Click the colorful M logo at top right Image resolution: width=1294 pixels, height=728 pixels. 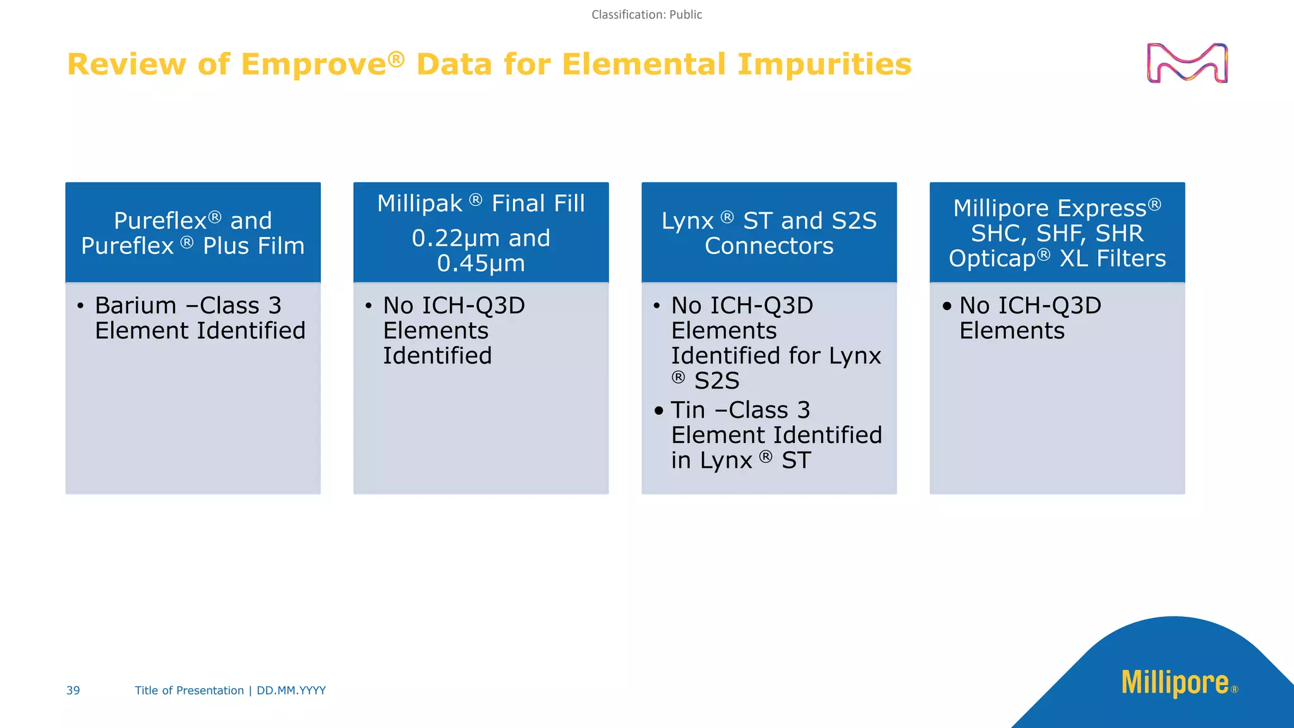[1187, 63]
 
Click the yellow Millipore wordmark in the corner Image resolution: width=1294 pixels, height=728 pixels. [1175, 683]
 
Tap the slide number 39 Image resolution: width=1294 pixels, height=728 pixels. [73, 691]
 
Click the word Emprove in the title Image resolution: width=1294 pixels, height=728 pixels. [313, 64]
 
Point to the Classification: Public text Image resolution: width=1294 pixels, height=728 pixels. [646, 15]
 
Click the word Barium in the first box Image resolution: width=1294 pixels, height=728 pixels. [136, 306]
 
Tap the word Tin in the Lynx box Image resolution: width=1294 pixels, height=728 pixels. [687, 411]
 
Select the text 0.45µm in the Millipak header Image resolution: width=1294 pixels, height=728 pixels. [481, 264]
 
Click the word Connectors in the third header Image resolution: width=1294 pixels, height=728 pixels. [769, 246]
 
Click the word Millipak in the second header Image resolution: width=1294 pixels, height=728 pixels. [420, 204]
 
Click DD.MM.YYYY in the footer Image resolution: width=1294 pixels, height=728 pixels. [291, 691]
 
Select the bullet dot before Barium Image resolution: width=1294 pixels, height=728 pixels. [80, 306]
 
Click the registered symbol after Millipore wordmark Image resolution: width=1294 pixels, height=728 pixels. [1235, 690]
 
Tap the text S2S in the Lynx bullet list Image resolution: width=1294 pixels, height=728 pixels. [717, 381]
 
